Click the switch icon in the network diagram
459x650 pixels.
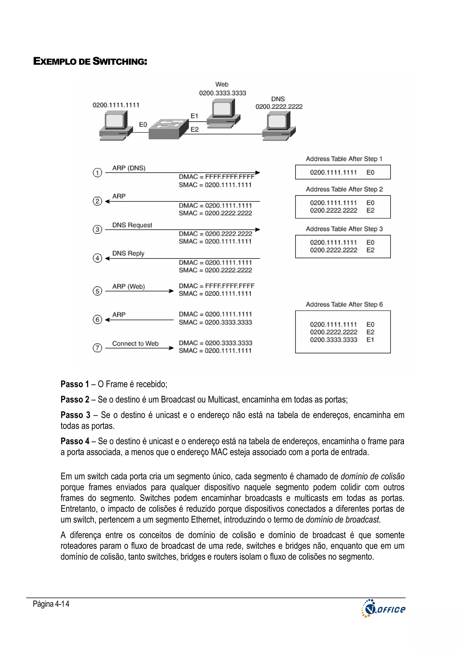click(x=169, y=129)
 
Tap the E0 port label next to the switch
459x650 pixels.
click(x=143, y=125)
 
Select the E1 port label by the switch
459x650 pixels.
click(x=194, y=116)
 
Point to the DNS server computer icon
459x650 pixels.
click(x=279, y=126)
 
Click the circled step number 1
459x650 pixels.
click(x=97, y=172)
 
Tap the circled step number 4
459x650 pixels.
click(x=97, y=258)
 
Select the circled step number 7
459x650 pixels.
click(x=97, y=348)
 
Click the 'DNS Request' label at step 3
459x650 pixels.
click(x=132, y=225)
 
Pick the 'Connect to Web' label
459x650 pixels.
click(x=135, y=344)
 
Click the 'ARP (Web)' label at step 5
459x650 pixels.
click(x=128, y=287)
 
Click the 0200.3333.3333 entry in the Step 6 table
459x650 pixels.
click(x=333, y=340)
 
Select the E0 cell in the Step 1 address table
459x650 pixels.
click(x=370, y=172)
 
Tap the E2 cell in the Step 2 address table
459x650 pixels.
click(x=370, y=210)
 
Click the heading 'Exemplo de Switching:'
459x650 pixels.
click(x=90, y=61)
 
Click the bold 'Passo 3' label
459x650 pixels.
click(x=75, y=415)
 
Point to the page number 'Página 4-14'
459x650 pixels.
click(x=51, y=604)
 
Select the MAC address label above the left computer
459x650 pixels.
click(x=116, y=105)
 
